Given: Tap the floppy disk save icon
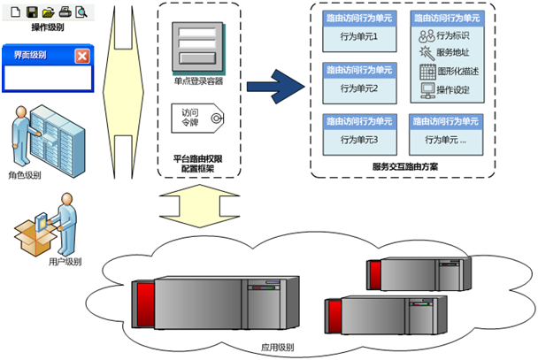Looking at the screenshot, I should [32, 11].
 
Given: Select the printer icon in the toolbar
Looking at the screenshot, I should [65, 11].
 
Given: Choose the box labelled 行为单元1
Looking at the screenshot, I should [357, 37].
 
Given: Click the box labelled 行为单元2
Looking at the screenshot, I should [357, 88].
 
